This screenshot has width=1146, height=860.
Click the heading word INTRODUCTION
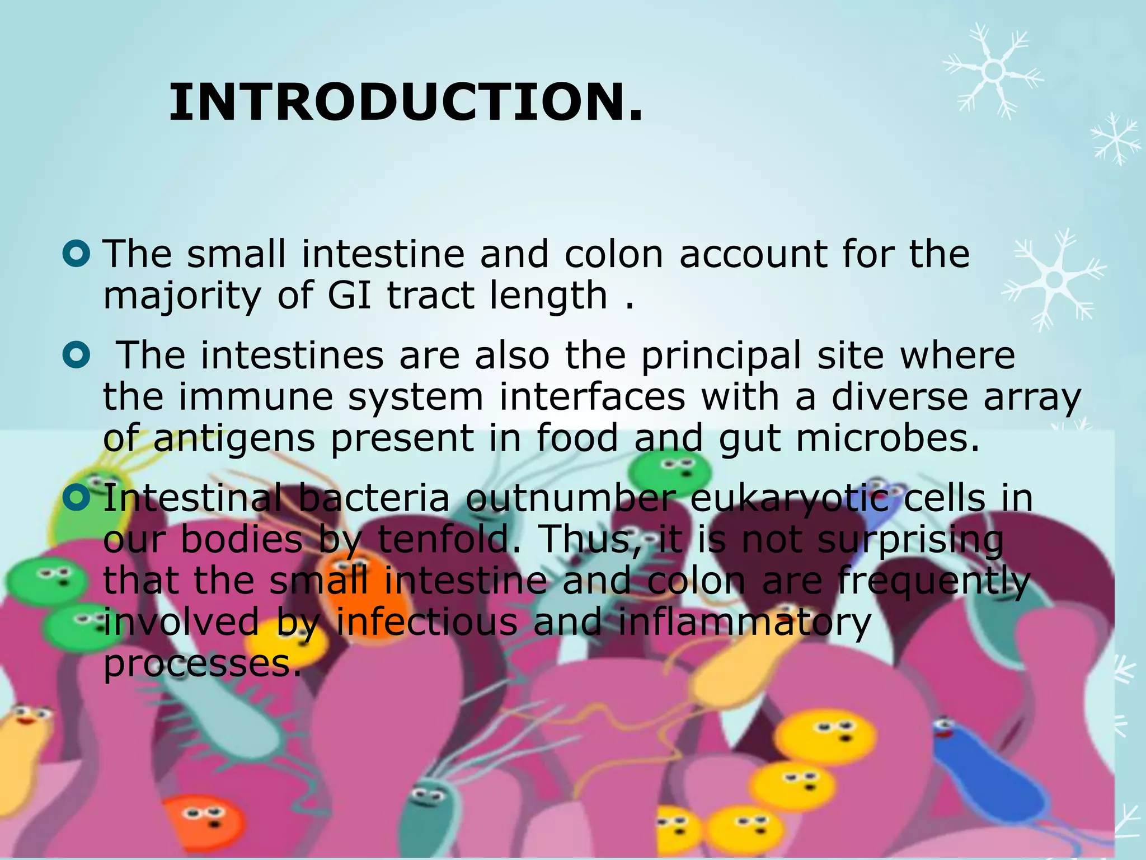click(406, 102)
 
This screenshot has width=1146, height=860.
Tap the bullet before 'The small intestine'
click(76, 254)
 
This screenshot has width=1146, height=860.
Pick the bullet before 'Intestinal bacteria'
click(76, 497)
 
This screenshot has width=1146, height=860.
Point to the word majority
click(182, 296)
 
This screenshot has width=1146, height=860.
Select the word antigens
click(234, 440)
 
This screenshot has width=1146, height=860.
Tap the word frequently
click(933, 582)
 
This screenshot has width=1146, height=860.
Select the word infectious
click(426, 621)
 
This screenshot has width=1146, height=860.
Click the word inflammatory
click(744, 623)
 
